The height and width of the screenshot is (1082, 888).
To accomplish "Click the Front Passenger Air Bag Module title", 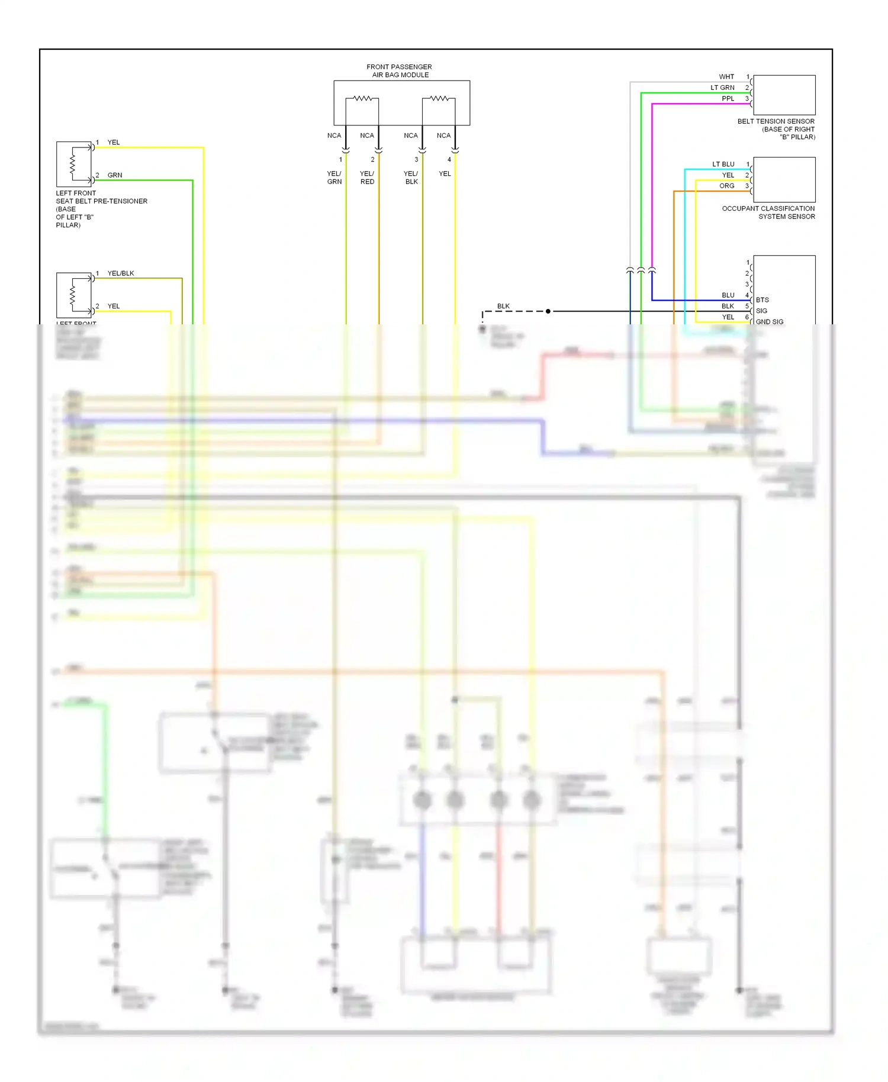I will click(x=400, y=71).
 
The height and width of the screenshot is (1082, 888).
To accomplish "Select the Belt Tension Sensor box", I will click(x=784, y=95).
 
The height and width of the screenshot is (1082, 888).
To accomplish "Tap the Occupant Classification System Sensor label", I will click(x=768, y=212).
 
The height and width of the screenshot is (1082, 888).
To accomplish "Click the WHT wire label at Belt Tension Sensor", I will click(x=726, y=77).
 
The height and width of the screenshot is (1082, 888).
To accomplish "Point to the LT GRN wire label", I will click(x=722, y=88).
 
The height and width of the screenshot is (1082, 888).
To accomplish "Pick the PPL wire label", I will click(x=728, y=99).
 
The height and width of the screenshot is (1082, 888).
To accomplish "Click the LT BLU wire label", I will click(x=723, y=165).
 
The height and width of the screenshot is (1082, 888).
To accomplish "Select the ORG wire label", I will click(x=726, y=186).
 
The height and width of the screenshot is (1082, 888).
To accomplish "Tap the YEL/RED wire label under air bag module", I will click(x=367, y=178).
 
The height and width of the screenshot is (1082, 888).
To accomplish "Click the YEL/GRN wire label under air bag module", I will click(x=334, y=178).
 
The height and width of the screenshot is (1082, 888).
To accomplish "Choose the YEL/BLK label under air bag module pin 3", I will click(x=411, y=178).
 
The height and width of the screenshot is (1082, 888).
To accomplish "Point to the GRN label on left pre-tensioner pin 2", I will click(x=115, y=175).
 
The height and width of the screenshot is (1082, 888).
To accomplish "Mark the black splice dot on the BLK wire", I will click(x=548, y=311).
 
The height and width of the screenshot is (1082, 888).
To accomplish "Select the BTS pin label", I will click(x=762, y=300).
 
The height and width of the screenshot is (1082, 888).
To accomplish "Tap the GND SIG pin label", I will click(x=769, y=322).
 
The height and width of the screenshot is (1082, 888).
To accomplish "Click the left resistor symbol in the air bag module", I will click(x=362, y=98).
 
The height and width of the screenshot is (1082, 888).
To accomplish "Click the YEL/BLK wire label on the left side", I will click(x=121, y=273).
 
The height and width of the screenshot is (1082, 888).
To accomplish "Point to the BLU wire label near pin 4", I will click(x=728, y=295).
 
